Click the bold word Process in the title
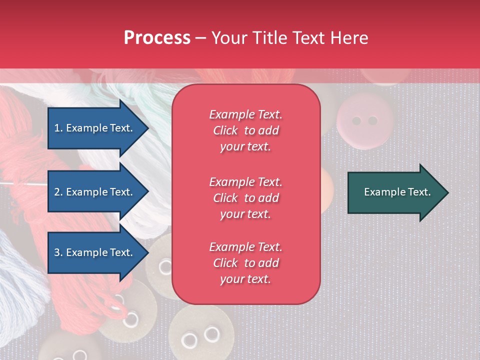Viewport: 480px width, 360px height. pyautogui.click(x=157, y=38)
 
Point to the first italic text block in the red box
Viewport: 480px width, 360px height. pyautogui.click(x=245, y=130)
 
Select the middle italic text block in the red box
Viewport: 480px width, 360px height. pyautogui.click(x=245, y=198)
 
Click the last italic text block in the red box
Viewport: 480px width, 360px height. pyautogui.click(x=245, y=263)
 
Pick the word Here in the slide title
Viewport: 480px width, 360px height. pyautogui.click(x=349, y=38)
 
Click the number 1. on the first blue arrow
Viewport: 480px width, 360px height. pyautogui.click(x=58, y=128)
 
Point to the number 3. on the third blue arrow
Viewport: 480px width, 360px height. pyautogui.click(x=58, y=252)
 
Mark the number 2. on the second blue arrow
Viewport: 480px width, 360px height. pyautogui.click(x=58, y=192)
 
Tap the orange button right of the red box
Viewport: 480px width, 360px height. pyautogui.click(x=328, y=185)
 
